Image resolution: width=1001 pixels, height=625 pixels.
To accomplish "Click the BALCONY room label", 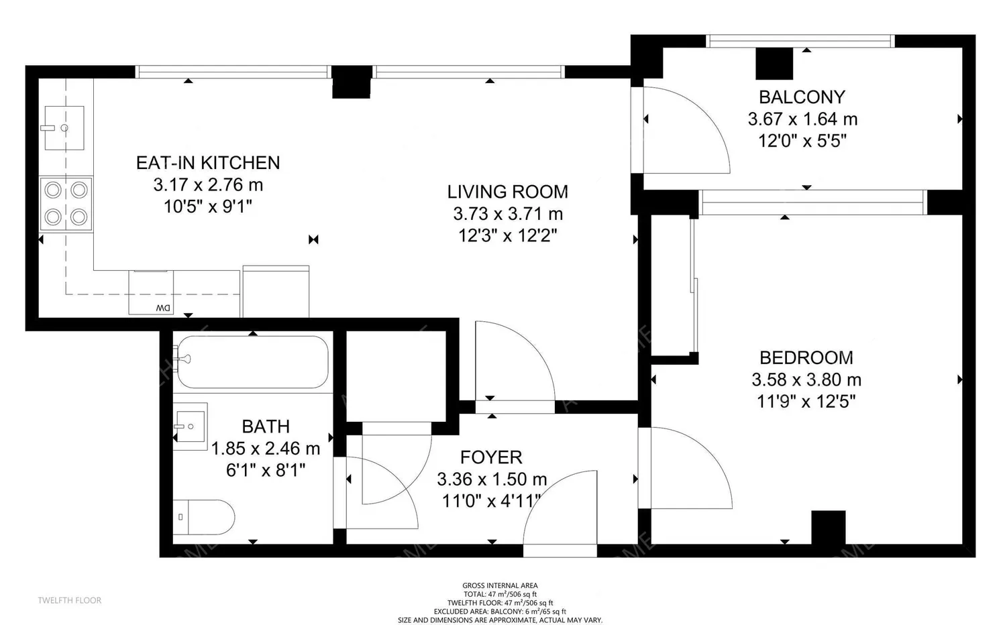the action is pos(802,97).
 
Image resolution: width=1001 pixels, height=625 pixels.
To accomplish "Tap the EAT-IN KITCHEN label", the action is pos(208,162).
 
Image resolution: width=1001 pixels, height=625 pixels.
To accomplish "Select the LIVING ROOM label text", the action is pos(508,192).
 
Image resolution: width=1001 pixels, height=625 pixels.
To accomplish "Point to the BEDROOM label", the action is pos(806,358).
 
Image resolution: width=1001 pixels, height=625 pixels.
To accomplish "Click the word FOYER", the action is pos(491,457).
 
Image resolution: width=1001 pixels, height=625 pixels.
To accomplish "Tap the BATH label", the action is pos(266,427).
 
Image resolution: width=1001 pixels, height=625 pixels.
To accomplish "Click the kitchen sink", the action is pos(64,128).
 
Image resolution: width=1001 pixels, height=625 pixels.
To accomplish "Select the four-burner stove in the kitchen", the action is pos(66,204).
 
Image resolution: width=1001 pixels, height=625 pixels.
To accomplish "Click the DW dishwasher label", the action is pos(163,308).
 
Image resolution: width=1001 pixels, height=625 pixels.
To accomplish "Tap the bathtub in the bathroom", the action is pos(252,362).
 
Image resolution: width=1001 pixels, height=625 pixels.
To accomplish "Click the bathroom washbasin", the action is pos(190,427).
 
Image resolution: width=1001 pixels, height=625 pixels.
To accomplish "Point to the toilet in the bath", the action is pos(203,517).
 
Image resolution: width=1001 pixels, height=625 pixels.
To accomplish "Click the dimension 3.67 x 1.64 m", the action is pos(802,119).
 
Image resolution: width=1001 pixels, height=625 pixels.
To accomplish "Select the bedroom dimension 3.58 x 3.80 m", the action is pos(806,380).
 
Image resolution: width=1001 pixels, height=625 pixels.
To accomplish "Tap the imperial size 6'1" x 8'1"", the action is pos(266,470).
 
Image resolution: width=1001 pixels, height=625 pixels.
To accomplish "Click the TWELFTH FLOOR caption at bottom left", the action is pos(70,600).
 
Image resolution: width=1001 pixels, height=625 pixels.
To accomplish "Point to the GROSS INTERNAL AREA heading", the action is pos(500,585).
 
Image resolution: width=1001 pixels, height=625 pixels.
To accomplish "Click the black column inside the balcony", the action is pos(774,64).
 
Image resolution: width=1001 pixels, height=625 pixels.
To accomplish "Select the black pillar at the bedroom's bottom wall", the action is pos(828,527).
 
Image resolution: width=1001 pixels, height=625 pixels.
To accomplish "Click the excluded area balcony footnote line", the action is pos(500,612).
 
